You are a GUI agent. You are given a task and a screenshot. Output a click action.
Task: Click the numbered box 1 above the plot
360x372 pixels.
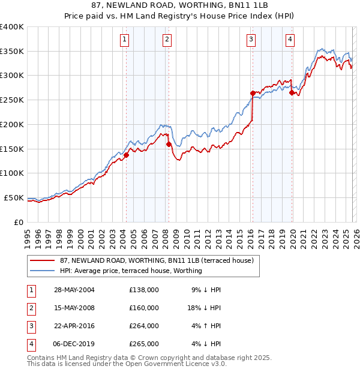[124, 40]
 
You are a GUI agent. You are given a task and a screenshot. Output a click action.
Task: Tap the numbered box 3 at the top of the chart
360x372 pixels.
[251, 40]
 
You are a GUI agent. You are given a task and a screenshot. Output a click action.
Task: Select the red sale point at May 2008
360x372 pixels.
[169, 144]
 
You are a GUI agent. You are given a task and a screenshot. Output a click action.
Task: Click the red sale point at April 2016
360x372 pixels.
[253, 93]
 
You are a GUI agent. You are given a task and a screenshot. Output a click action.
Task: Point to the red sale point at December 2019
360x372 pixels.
[292, 92]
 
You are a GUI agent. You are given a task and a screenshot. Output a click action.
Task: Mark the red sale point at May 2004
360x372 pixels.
[127, 155]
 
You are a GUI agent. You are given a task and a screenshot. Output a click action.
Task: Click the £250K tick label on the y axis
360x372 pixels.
[11, 100]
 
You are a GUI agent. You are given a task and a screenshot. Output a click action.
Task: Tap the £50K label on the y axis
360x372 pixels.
[14, 197]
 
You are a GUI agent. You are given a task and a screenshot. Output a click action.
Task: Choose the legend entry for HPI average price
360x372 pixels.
[131, 271]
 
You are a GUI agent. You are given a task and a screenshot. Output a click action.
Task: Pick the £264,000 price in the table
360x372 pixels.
[144, 326]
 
